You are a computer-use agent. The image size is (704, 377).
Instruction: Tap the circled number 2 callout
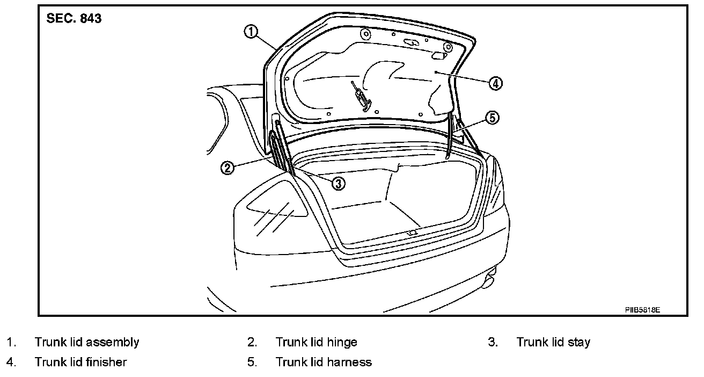[228, 168]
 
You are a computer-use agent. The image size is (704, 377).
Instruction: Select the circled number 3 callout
[338, 183]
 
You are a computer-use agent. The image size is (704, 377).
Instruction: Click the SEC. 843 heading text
[74, 19]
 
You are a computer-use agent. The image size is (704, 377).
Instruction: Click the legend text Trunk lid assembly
[87, 342]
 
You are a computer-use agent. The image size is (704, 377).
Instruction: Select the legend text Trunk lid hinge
[316, 342]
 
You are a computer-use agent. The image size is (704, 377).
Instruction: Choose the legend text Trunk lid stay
[553, 342]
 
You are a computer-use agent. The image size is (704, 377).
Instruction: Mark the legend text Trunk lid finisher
[80, 362]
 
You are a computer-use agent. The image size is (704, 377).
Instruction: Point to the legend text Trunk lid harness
[324, 362]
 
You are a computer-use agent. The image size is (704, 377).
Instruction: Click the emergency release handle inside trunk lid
[360, 96]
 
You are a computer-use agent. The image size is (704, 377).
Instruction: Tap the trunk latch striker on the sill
[412, 233]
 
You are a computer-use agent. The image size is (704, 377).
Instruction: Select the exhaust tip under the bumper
[489, 279]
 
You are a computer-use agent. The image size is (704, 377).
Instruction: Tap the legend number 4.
[11, 362]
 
